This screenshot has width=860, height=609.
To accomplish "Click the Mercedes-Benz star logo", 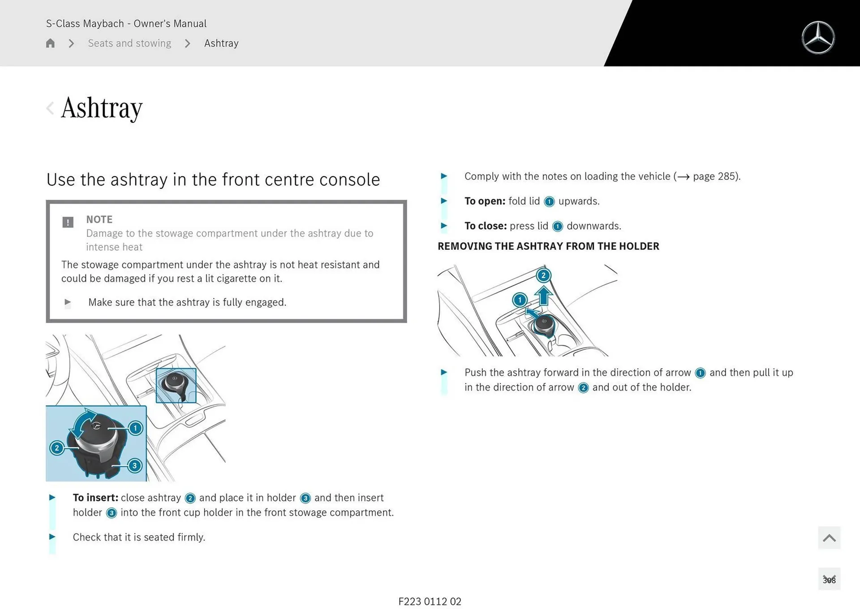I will point(818,38).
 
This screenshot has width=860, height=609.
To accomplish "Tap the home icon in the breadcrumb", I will point(50,43).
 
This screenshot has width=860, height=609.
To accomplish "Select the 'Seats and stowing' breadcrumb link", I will point(129,43).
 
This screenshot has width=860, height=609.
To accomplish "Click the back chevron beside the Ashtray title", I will point(50,108).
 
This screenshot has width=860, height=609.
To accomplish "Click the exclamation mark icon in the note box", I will point(68,222).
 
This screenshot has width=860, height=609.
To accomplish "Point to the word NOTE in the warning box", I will point(99,219).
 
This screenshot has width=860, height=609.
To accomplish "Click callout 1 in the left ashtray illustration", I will point(135,428).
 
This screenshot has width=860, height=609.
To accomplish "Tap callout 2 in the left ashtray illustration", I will point(57,448).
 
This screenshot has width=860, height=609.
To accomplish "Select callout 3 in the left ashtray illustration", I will point(134,465).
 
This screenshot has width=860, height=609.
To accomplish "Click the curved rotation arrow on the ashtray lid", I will point(83,422).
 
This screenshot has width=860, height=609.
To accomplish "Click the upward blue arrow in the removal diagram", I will point(543,296).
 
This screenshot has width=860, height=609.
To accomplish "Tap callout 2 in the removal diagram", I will point(543,275).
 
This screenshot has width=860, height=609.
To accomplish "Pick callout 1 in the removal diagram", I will point(520,300).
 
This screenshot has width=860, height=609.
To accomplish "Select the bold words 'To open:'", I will point(485,201).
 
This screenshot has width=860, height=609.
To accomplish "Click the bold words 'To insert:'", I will point(95,498).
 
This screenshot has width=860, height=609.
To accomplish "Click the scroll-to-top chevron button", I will point(829,538).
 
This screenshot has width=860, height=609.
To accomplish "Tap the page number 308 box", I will point(829,580).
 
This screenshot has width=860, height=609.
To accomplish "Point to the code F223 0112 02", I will point(430,601).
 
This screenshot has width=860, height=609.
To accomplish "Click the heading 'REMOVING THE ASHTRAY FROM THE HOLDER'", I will point(548,246).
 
